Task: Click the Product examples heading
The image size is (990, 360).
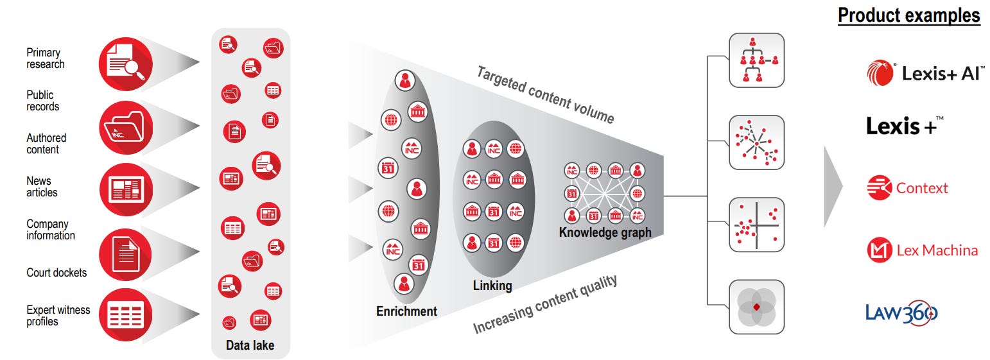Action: [908, 15]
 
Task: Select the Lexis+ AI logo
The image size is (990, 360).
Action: [925, 73]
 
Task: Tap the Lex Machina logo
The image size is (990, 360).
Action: [922, 250]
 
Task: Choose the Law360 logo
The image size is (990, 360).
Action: [901, 313]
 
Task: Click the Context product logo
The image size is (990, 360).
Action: [907, 188]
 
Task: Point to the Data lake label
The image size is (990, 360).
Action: [250, 345]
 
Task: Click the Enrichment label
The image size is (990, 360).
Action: [406, 311]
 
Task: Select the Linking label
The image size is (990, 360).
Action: [492, 285]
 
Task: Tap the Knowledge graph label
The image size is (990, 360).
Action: [605, 232]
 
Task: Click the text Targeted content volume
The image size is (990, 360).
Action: [545, 94]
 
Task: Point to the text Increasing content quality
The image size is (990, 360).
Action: [545, 304]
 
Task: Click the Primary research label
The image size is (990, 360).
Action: [45, 58]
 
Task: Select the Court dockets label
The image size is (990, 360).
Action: [56, 273]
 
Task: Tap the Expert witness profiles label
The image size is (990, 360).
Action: [58, 315]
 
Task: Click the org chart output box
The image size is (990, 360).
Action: [757, 60]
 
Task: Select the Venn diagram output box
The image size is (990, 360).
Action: [757, 306]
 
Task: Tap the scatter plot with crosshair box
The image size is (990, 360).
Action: [757, 225]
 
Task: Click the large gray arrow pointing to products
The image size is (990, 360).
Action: [833, 186]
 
